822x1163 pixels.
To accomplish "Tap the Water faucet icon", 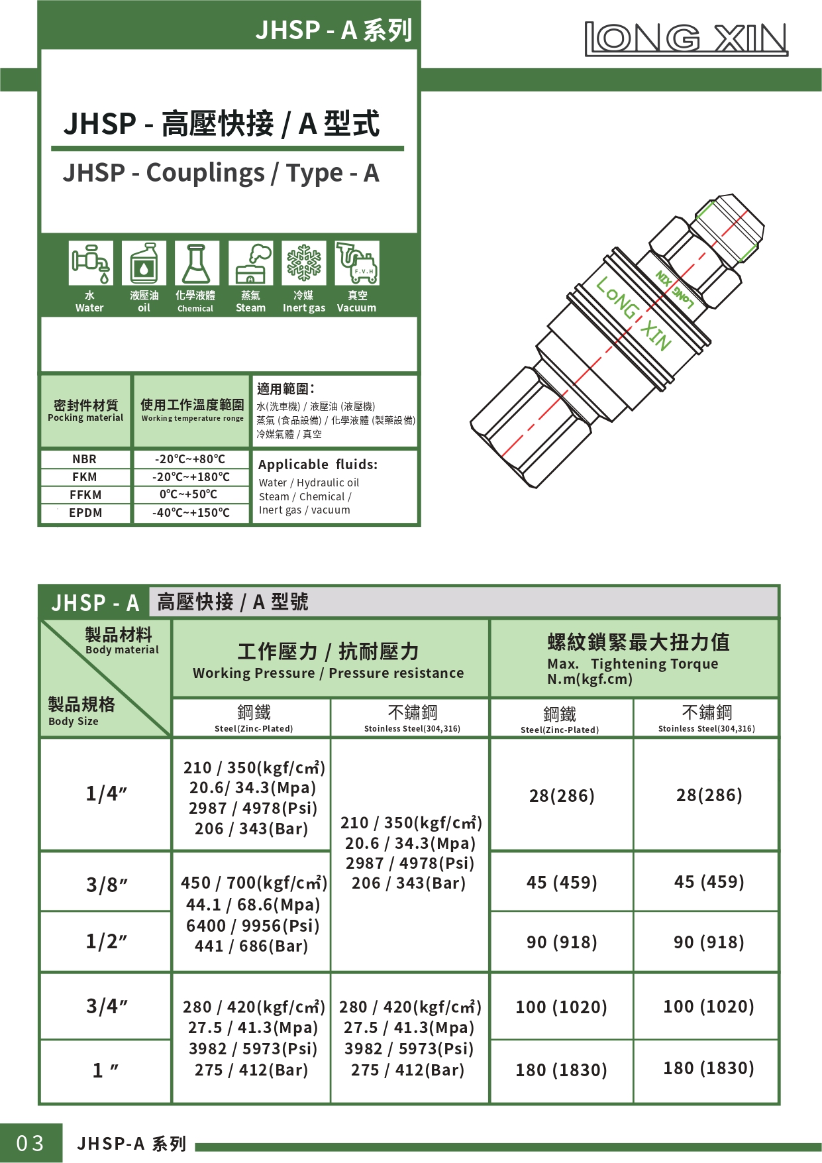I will [91, 263].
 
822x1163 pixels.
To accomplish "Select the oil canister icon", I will [144, 263].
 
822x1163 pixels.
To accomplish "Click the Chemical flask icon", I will [197, 263].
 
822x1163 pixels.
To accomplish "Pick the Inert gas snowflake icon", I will [304, 263].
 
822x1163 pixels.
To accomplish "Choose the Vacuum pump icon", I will [357, 263].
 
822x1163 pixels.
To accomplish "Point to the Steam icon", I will [250, 263].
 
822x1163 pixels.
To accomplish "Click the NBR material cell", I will [85, 459].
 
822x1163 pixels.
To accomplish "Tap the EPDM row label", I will [85, 513].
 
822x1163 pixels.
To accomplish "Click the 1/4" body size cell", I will [106, 794].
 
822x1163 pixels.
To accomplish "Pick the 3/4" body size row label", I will [106, 1007].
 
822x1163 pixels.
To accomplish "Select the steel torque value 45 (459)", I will [562, 883].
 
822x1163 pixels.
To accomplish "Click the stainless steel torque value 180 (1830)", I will [709, 1068].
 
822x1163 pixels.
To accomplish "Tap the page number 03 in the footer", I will [30, 1143].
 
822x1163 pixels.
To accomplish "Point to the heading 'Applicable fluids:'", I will [318, 465].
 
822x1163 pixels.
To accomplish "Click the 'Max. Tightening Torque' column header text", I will [633, 664].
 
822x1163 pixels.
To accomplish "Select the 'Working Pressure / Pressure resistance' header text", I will [329, 673].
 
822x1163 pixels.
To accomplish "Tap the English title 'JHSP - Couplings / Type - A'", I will [221, 173].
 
